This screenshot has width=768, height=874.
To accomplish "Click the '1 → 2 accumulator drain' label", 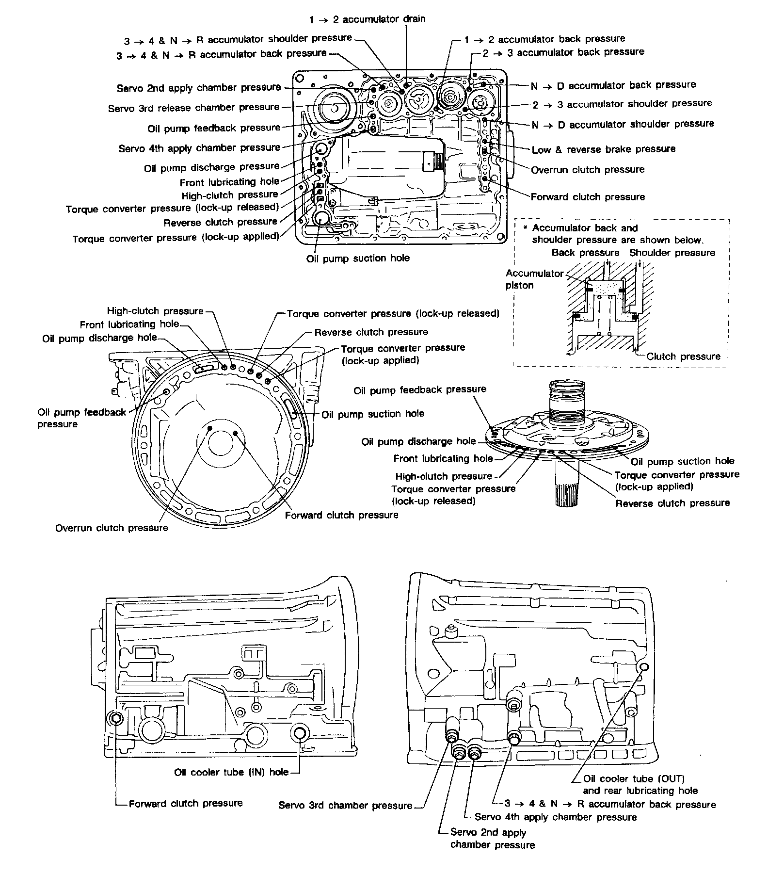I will tap(367, 19).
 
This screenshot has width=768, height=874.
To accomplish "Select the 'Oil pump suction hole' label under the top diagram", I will tap(358, 259).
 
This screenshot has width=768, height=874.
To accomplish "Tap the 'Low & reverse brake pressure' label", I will tap(603, 149).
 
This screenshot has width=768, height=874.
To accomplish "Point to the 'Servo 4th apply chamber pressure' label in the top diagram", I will tap(199, 148).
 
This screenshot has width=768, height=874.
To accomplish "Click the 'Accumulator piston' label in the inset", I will tap(534, 279).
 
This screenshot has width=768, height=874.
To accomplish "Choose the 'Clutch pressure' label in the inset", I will tap(683, 356).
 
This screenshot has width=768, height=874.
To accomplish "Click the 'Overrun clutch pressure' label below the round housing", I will tap(112, 528).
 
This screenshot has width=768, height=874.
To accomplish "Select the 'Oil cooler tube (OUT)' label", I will tap(634, 779).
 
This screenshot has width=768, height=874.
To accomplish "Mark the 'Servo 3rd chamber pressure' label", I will tap(345, 806).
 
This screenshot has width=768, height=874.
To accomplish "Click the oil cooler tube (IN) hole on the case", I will tap(300, 734).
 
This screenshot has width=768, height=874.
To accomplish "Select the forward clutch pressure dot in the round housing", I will tap(235, 432).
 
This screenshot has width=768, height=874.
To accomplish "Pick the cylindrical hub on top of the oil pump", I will tap(568, 400).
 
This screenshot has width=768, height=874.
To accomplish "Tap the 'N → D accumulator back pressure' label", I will tap(613, 85).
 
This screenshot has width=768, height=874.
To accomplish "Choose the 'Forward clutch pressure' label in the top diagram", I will tap(588, 197).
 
